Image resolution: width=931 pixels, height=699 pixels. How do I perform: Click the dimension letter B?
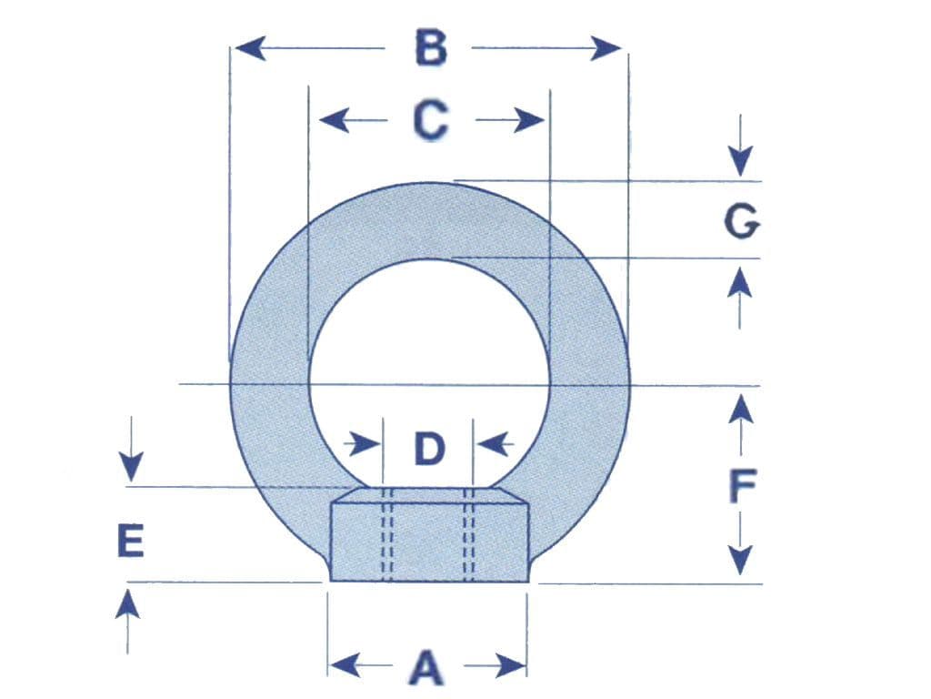point(430,48)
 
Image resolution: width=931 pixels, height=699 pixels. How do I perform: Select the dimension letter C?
point(430,120)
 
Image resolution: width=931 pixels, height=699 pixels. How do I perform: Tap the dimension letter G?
point(742,221)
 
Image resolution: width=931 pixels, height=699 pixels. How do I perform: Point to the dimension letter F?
point(742,485)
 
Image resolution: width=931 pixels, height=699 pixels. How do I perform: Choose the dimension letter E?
point(131,541)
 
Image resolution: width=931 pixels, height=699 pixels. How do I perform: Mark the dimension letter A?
point(427,667)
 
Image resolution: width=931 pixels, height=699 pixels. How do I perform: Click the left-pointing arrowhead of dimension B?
point(250,47)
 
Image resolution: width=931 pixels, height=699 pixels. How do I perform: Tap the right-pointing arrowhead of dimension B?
point(606,48)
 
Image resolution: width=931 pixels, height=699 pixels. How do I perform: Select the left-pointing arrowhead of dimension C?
point(334,120)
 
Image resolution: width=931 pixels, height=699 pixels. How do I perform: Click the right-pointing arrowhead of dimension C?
point(529,120)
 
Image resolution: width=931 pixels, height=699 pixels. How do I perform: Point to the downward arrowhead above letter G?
point(740,160)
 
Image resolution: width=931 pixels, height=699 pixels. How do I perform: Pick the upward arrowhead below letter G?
point(740,282)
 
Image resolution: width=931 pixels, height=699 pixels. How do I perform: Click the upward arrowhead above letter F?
point(741,409)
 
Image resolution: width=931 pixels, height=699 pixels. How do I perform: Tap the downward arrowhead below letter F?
point(740,561)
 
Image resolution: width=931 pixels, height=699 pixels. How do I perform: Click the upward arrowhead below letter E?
point(127,605)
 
